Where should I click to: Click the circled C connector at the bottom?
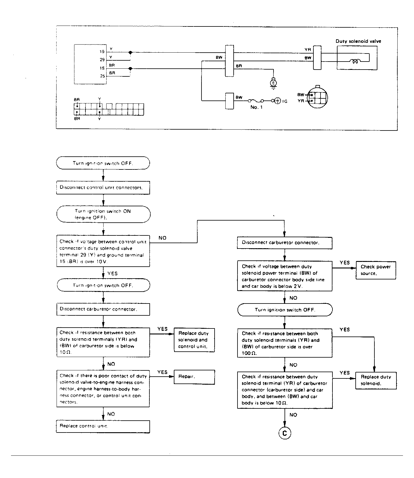285,433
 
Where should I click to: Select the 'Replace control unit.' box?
103,426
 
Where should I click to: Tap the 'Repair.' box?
194,377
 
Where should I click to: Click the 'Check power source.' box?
376,270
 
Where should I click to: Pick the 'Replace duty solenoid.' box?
376,380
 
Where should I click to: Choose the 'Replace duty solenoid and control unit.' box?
194,340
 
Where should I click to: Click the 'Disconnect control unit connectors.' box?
103,188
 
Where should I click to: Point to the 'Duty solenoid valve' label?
358,41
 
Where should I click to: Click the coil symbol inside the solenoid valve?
355,62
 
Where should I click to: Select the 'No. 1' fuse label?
256,107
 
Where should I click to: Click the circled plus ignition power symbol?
277,101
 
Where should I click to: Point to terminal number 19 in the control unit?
102,52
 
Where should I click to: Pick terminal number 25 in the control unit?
102,76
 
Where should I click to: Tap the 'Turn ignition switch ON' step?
103,214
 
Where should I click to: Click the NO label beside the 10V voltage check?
163,238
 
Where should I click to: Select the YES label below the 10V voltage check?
113,273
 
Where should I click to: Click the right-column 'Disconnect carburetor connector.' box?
285,243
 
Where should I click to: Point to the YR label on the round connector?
301,101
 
